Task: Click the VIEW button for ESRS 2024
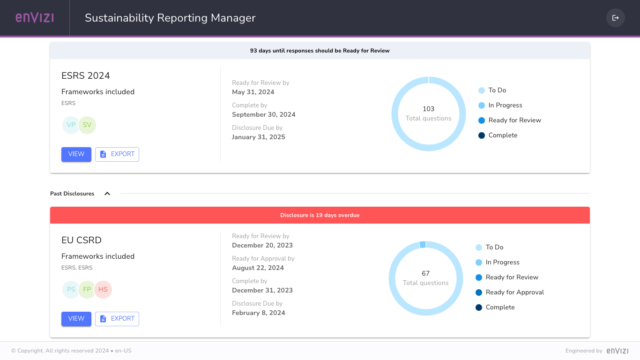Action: point(76,154)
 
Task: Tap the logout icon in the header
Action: point(616,18)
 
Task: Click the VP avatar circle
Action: point(71,125)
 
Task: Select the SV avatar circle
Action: point(87,125)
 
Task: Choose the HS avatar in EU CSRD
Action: point(103,290)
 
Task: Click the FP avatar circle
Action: point(87,290)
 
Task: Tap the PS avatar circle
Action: point(71,290)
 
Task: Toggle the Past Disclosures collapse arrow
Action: point(107,194)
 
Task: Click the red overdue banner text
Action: point(320,215)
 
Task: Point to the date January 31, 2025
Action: point(259,137)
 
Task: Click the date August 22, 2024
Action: point(258,268)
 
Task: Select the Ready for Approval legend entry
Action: point(514,292)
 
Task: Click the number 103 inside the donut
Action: point(429,109)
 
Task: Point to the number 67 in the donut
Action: point(426,273)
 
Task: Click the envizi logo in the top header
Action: point(35,18)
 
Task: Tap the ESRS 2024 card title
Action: point(86,76)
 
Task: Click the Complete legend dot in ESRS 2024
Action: point(482,135)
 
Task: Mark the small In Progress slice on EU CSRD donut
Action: point(423,245)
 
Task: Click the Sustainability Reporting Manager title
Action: point(170,18)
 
